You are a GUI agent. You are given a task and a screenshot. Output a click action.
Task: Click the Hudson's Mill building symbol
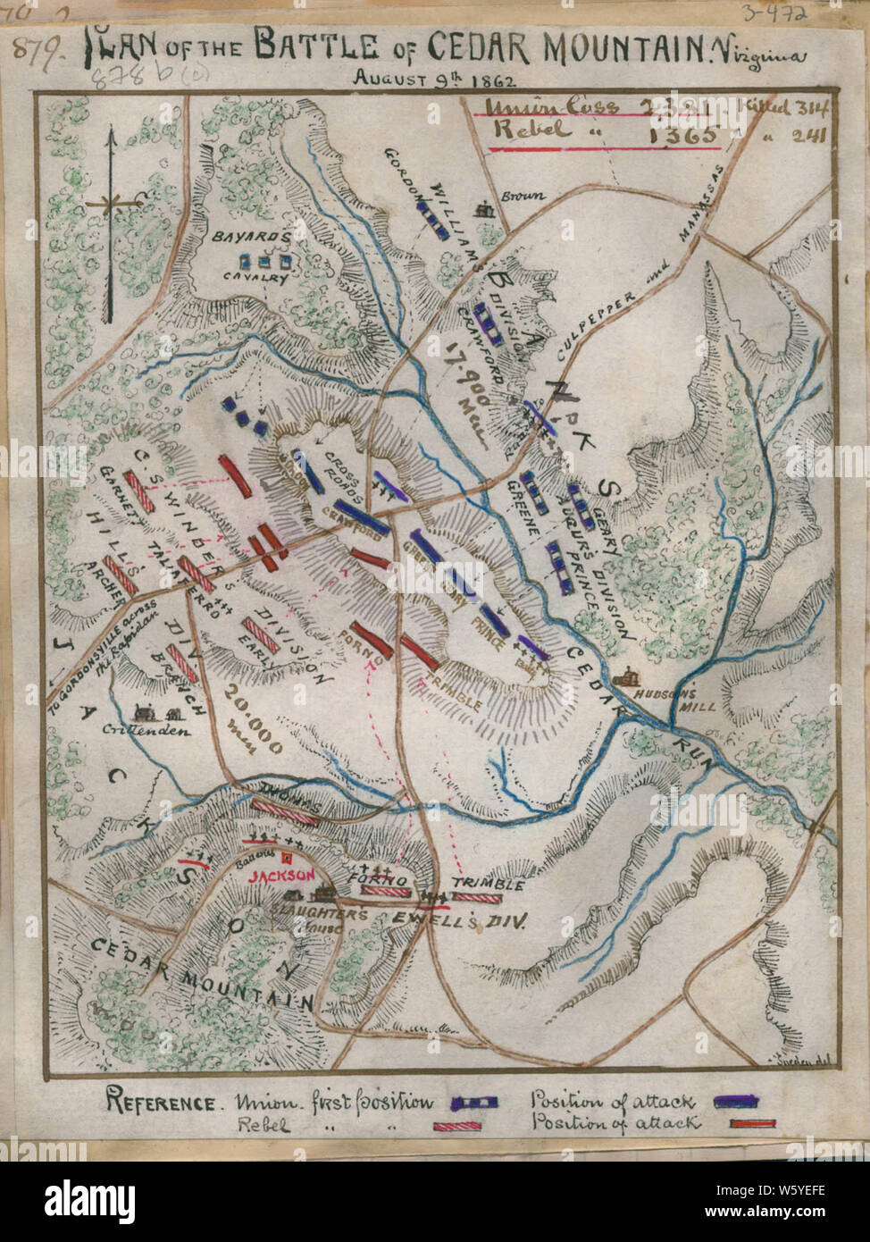click(630, 676)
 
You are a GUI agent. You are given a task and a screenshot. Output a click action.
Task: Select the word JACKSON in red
click(281, 876)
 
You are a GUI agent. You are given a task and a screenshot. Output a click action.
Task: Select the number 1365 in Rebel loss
click(683, 135)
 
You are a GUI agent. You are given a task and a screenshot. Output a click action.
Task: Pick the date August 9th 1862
click(434, 78)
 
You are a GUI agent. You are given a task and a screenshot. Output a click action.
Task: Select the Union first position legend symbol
click(479, 1103)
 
